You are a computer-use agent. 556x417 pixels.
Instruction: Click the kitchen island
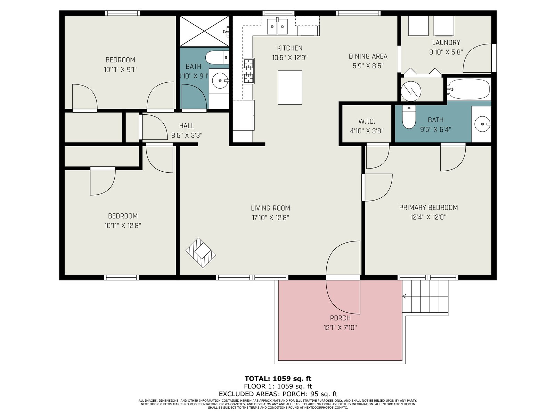(x=290, y=87)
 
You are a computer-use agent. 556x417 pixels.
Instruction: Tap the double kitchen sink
(x=277, y=26)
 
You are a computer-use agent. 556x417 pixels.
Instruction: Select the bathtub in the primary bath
(x=468, y=89)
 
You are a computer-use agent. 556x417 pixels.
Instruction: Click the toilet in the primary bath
(x=409, y=117)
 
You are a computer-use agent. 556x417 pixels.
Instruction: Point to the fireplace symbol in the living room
(x=201, y=253)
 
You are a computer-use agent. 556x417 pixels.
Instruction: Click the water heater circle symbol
(x=411, y=91)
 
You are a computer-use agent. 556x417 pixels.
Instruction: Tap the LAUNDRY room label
(x=446, y=42)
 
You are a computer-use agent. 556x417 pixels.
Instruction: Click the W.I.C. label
(x=367, y=122)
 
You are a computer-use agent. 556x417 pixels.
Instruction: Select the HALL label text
(x=187, y=126)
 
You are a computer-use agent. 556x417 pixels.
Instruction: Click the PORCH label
(x=340, y=318)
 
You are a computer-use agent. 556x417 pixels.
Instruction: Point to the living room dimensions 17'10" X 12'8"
(x=270, y=218)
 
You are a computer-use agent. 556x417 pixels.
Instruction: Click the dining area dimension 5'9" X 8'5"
(x=368, y=66)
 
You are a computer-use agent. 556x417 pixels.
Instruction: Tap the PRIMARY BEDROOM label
(x=428, y=207)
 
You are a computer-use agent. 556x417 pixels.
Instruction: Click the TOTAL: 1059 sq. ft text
(x=278, y=379)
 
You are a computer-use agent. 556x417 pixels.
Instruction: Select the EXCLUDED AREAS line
(x=278, y=394)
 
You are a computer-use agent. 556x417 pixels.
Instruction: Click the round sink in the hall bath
(x=220, y=81)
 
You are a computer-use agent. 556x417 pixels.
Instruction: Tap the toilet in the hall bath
(x=217, y=57)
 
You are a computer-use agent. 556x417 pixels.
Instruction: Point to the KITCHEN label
(x=289, y=48)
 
